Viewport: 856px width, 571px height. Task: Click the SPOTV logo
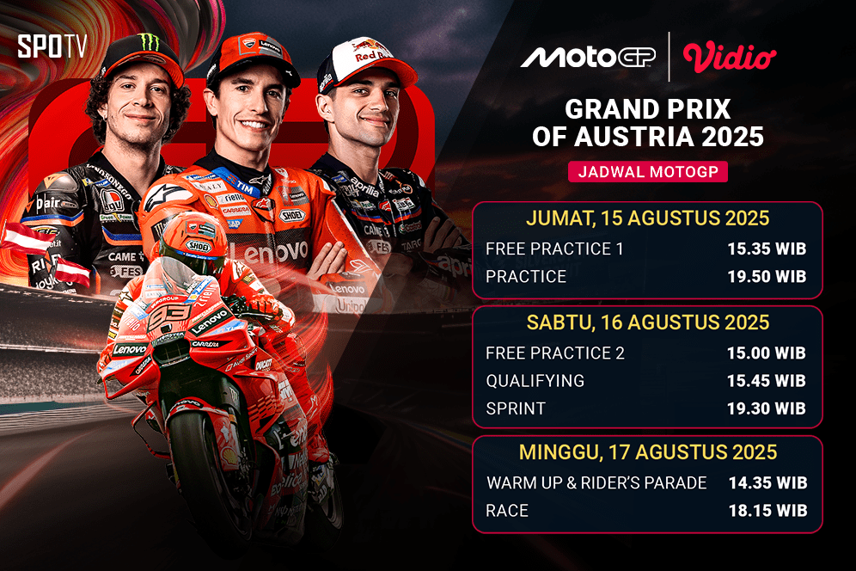pyautogui.click(x=52, y=46)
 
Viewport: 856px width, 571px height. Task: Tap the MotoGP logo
pyautogui.click(x=589, y=57)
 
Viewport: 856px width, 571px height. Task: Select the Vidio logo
pyautogui.click(x=730, y=57)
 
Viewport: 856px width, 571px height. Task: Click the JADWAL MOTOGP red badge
pyautogui.click(x=648, y=171)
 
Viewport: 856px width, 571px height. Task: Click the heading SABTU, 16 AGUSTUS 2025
pyautogui.click(x=648, y=322)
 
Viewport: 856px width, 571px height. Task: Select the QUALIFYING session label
pyautogui.click(x=535, y=381)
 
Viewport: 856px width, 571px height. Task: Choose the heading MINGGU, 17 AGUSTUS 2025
pyautogui.click(x=648, y=452)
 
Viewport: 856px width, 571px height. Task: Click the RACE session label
pyautogui.click(x=507, y=511)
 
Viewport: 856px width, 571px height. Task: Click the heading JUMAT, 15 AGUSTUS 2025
pyautogui.click(x=648, y=218)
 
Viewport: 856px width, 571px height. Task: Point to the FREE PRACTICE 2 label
pyautogui.click(x=555, y=353)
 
